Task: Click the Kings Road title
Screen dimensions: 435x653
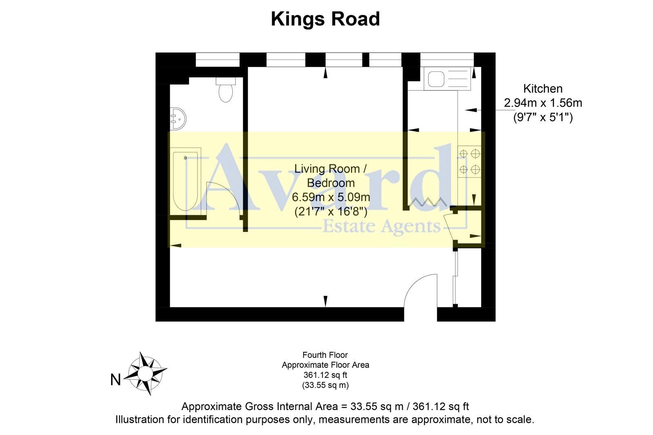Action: (325, 19)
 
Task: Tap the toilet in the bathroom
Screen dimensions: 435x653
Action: (226, 91)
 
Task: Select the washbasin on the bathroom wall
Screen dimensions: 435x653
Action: (178, 118)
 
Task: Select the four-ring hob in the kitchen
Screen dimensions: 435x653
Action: (470, 161)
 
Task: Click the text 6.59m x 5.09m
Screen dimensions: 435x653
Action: (331, 197)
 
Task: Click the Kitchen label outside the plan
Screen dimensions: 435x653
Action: (543, 88)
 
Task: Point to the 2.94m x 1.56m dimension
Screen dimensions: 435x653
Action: (543, 103)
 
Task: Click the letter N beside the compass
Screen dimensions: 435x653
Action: (115, 380)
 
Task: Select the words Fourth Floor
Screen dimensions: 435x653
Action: (325, 355)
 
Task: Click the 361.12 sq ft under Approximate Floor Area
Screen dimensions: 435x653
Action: (325, 375)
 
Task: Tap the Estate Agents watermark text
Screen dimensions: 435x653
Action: (382, 227)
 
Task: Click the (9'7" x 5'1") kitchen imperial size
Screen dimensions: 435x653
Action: (543, 117)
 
